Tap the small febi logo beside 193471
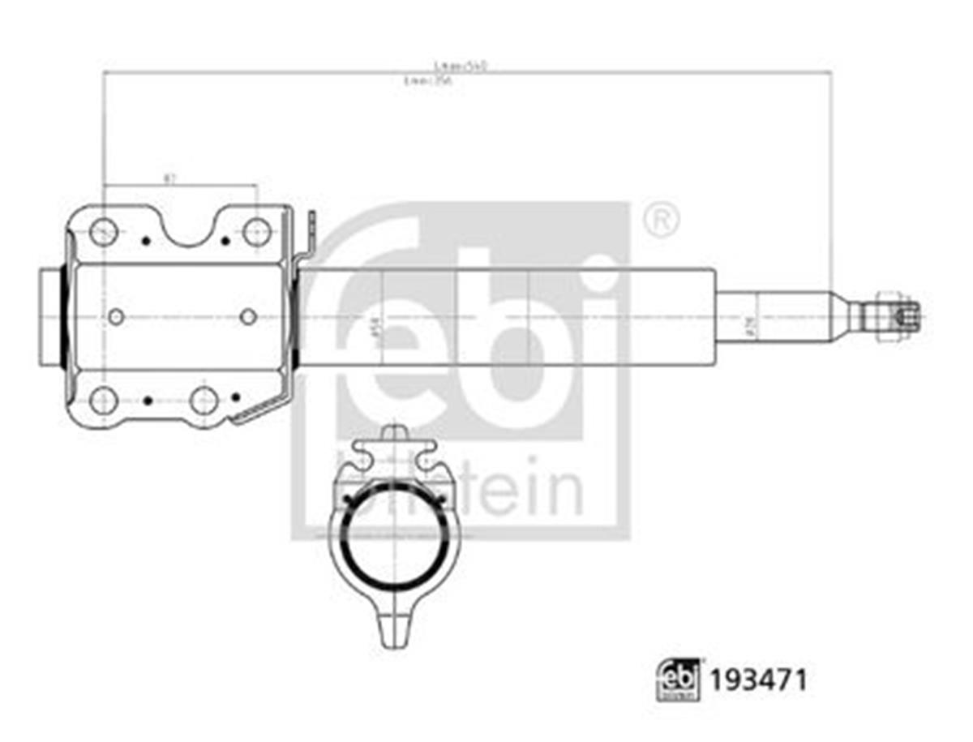pos(677,680)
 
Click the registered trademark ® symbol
pos(661,219)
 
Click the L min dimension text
pos(427,80)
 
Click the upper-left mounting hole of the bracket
pos(104,232)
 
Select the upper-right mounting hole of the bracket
pos(256,232)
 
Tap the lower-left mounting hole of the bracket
pos(104,400)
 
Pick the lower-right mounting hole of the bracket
pos(204,400)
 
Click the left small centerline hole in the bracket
pos(116,316)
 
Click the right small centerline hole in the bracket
pos(248,316)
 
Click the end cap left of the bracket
pos(52,316)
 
